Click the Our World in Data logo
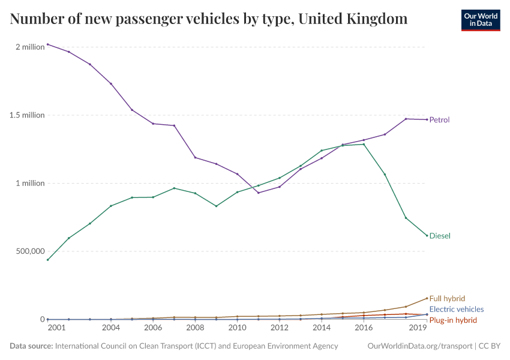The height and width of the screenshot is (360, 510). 480,20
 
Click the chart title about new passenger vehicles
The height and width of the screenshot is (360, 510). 209,19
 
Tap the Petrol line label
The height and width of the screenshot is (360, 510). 439,120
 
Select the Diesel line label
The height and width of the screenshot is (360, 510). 440,236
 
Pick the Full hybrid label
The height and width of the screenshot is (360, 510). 447,299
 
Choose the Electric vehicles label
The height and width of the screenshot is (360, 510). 457,310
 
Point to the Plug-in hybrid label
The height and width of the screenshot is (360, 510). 453,320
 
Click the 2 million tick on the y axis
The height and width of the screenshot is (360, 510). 30,47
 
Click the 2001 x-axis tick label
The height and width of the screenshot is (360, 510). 56,328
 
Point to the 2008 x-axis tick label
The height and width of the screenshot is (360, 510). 195,328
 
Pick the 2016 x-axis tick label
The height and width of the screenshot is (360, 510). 364,328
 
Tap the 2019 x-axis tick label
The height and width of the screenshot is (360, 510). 418,328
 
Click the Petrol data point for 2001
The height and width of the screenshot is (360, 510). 48,44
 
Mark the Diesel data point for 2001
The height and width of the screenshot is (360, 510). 48,260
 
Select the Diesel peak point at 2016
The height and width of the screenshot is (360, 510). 364,144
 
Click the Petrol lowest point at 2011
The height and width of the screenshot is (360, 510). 259,193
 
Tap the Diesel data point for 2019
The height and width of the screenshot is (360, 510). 427,235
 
